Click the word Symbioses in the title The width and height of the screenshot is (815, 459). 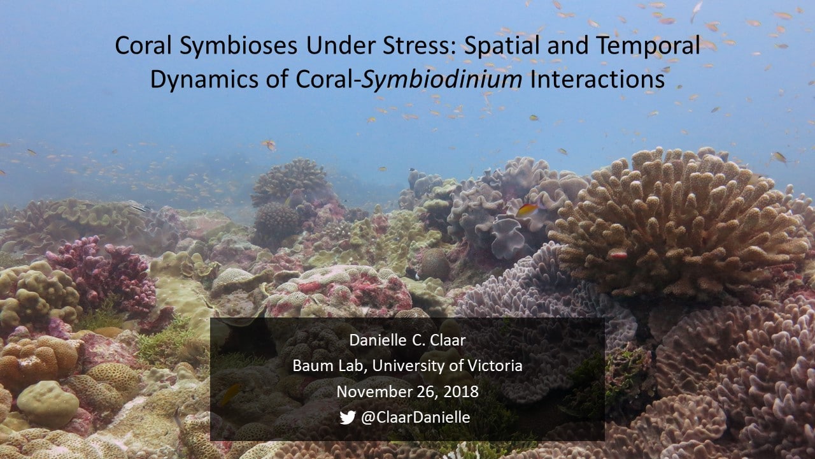pyautogui.click(x=238, y=47)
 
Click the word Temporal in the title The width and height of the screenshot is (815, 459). pyautogui.click(x=648, y=47)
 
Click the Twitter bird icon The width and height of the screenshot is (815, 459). pyautogui.click(x=348, y=418)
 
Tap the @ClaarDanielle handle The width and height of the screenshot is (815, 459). pyautogui.click(x=416, y=418)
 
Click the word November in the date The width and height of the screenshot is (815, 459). pyautogui.click(x=373, y=391)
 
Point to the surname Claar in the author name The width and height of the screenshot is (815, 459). pyautogui.click(x=448, y=340)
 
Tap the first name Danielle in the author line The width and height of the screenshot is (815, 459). pyautogui.click(x=378, y=340)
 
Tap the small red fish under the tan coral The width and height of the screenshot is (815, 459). pyautogui.click(x=618, y=254)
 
